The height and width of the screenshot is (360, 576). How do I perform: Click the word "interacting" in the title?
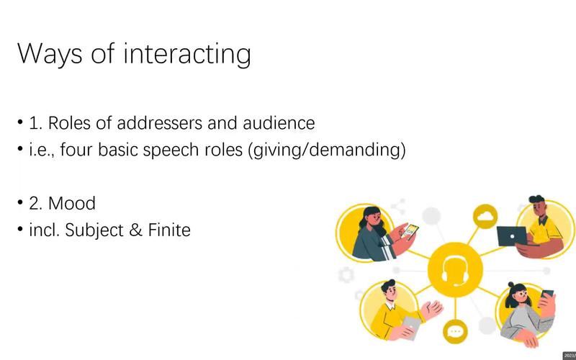(187, 55)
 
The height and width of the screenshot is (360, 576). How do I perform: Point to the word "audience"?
(279, 122)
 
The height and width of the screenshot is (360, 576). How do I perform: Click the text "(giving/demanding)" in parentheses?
(327, 150)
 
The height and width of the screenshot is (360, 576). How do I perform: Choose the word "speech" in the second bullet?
(171, 150)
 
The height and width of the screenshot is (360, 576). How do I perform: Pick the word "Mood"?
(72, 203)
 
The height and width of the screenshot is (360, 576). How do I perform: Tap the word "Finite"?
(169, 230)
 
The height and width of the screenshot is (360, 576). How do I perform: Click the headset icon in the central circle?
(455, 270)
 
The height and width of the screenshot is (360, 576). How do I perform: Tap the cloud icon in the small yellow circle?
(485, 216)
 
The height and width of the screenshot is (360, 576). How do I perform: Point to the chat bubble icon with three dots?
(455, 331)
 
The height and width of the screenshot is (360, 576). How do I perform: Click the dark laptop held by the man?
(512, 236)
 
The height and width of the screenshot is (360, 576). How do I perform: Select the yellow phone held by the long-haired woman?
(410, 231)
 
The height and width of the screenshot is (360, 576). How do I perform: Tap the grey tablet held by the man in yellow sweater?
(412, 327)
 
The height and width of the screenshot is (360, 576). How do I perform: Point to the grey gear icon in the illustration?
(346, 275)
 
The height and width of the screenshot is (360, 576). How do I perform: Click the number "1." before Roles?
(36, 123)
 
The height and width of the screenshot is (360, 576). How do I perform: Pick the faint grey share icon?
(399, 207)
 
